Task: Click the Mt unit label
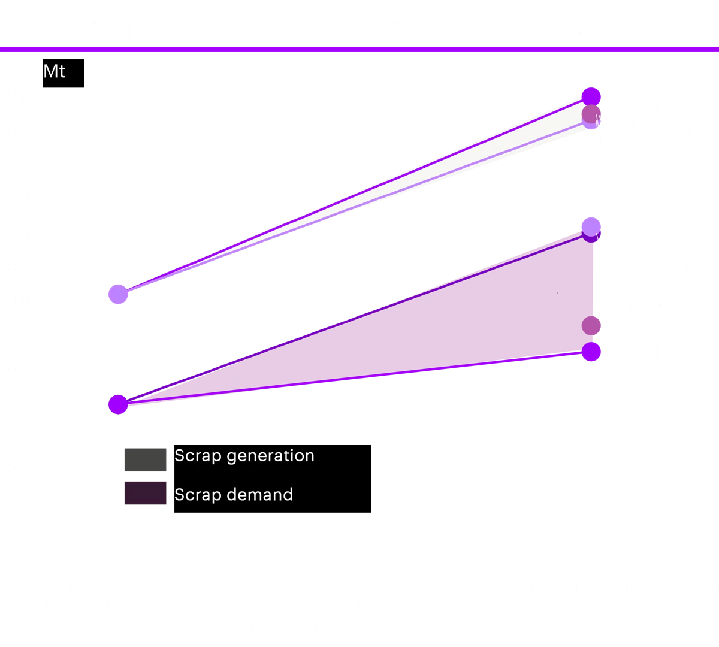55,72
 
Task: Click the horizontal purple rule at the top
359,49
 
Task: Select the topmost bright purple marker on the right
591,96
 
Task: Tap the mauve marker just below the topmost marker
591,113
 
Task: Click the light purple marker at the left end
118,294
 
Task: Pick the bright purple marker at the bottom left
118,404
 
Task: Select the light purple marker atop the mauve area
591,226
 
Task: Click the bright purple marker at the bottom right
591,352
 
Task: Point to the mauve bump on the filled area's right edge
593,326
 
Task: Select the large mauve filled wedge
479,323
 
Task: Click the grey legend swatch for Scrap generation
145,460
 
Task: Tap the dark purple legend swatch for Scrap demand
145,493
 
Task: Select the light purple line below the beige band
359,207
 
